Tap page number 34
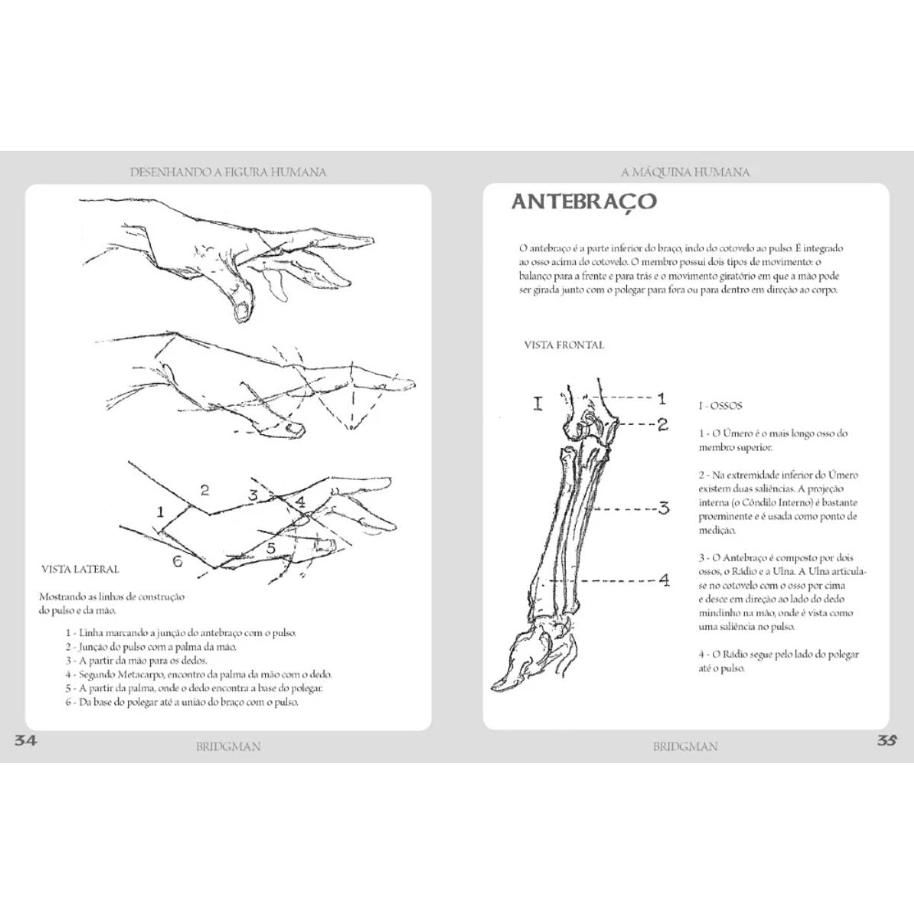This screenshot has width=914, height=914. (x=24, y=740)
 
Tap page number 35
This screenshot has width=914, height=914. (x=887, y=740)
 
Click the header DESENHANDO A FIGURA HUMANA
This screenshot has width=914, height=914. (x=228, y=171)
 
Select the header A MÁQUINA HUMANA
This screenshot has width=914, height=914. (x=685, y=171)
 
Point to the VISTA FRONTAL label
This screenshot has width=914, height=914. (x=564, y=345)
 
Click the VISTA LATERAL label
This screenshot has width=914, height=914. (x=80, y=569)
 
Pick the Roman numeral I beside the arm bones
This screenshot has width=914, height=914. (x=538, y=404)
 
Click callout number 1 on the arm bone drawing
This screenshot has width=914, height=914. (x=661, y=398)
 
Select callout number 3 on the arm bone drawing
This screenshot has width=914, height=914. (x=663, y=509)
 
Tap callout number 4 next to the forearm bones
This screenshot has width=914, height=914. (x=664, y=580)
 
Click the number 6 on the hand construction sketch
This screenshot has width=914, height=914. (x=177, y=561)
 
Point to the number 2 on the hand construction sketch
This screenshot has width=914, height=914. (x=204, y=490)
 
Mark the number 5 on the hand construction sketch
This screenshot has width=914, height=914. (x=270, y=548)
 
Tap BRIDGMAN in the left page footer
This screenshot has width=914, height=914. (x=228, y=746)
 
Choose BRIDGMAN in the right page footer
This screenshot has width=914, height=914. (x=685, y=746)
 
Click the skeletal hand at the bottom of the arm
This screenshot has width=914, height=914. (x=536, y=650)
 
